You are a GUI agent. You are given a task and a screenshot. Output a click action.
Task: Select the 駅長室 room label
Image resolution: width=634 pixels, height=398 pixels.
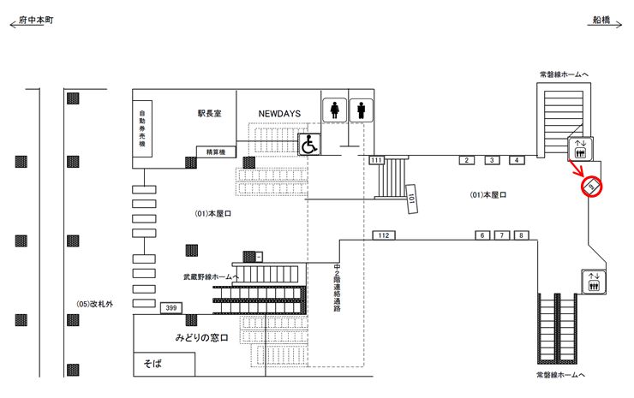(x=209, y=112)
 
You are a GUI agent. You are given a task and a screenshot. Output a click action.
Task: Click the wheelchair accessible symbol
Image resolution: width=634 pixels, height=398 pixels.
(x=308, y=145)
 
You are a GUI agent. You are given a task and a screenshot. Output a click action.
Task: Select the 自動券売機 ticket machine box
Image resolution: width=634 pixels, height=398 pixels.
(x=141, y=132)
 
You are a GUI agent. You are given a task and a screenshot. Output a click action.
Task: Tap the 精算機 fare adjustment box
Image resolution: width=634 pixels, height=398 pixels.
(x=211, y=152)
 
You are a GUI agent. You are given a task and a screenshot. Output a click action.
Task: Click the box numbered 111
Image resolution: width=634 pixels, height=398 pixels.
(x=376, y=160)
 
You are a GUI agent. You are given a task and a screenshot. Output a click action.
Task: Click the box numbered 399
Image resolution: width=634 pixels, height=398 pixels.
(x=170, y=307)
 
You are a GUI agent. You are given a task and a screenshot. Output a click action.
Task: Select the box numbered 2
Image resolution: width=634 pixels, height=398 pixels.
(x=466, y=160)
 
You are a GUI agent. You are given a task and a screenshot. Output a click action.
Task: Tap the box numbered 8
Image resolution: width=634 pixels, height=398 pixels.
(x=521, y=235)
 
